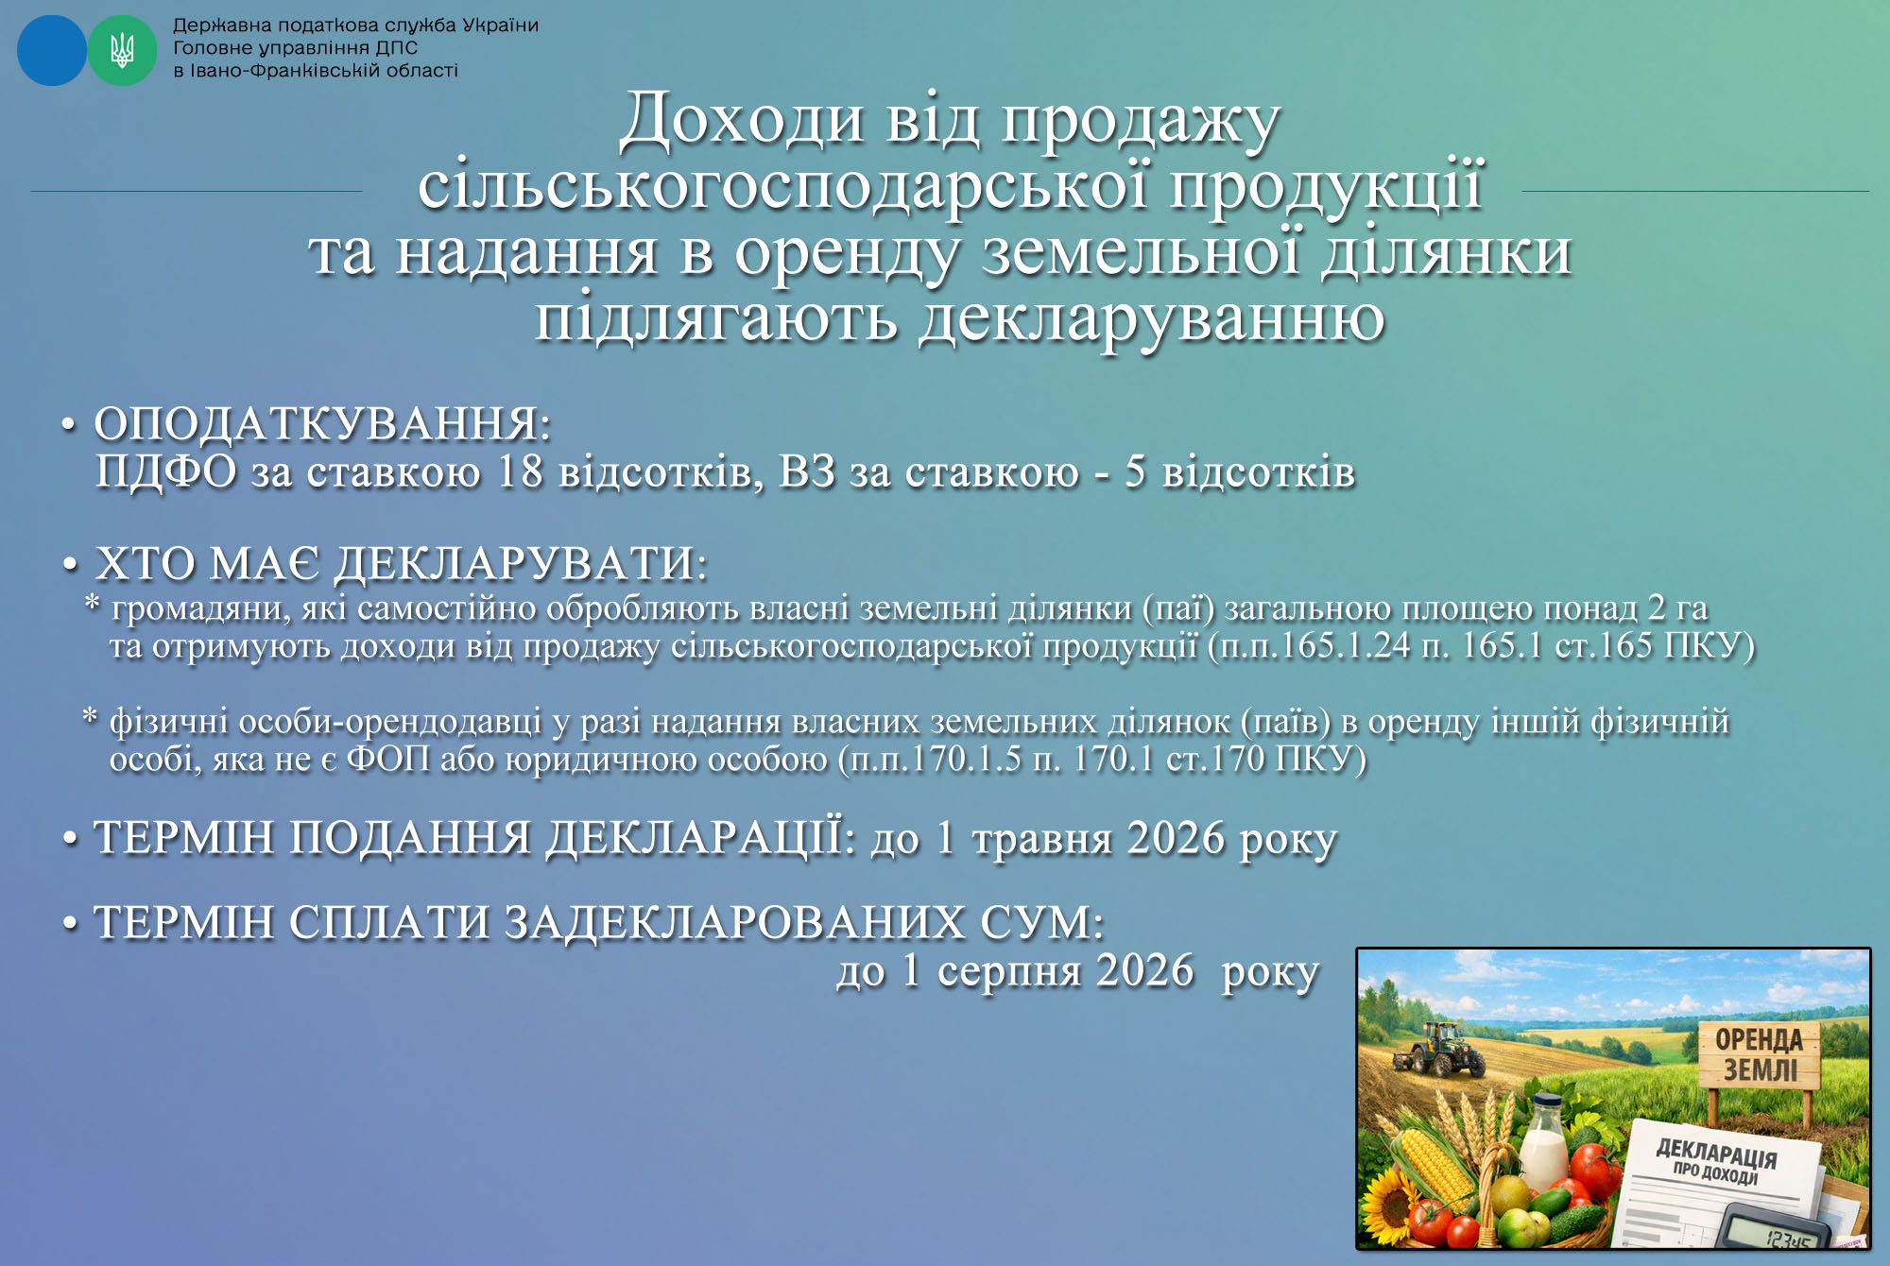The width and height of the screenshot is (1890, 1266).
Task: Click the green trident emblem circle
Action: (122, 50)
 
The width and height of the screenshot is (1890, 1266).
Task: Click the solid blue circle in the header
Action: (52, 50)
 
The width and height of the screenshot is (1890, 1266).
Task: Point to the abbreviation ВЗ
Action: (808, 471)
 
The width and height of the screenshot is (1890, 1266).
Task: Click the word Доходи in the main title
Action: (743, 120)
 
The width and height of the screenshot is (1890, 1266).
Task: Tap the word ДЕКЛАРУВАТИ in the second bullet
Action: (516, 564)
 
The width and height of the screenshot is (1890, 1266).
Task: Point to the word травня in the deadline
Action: (1042, 840)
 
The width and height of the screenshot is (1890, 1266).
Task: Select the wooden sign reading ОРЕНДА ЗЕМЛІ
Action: (1757, 1055)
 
